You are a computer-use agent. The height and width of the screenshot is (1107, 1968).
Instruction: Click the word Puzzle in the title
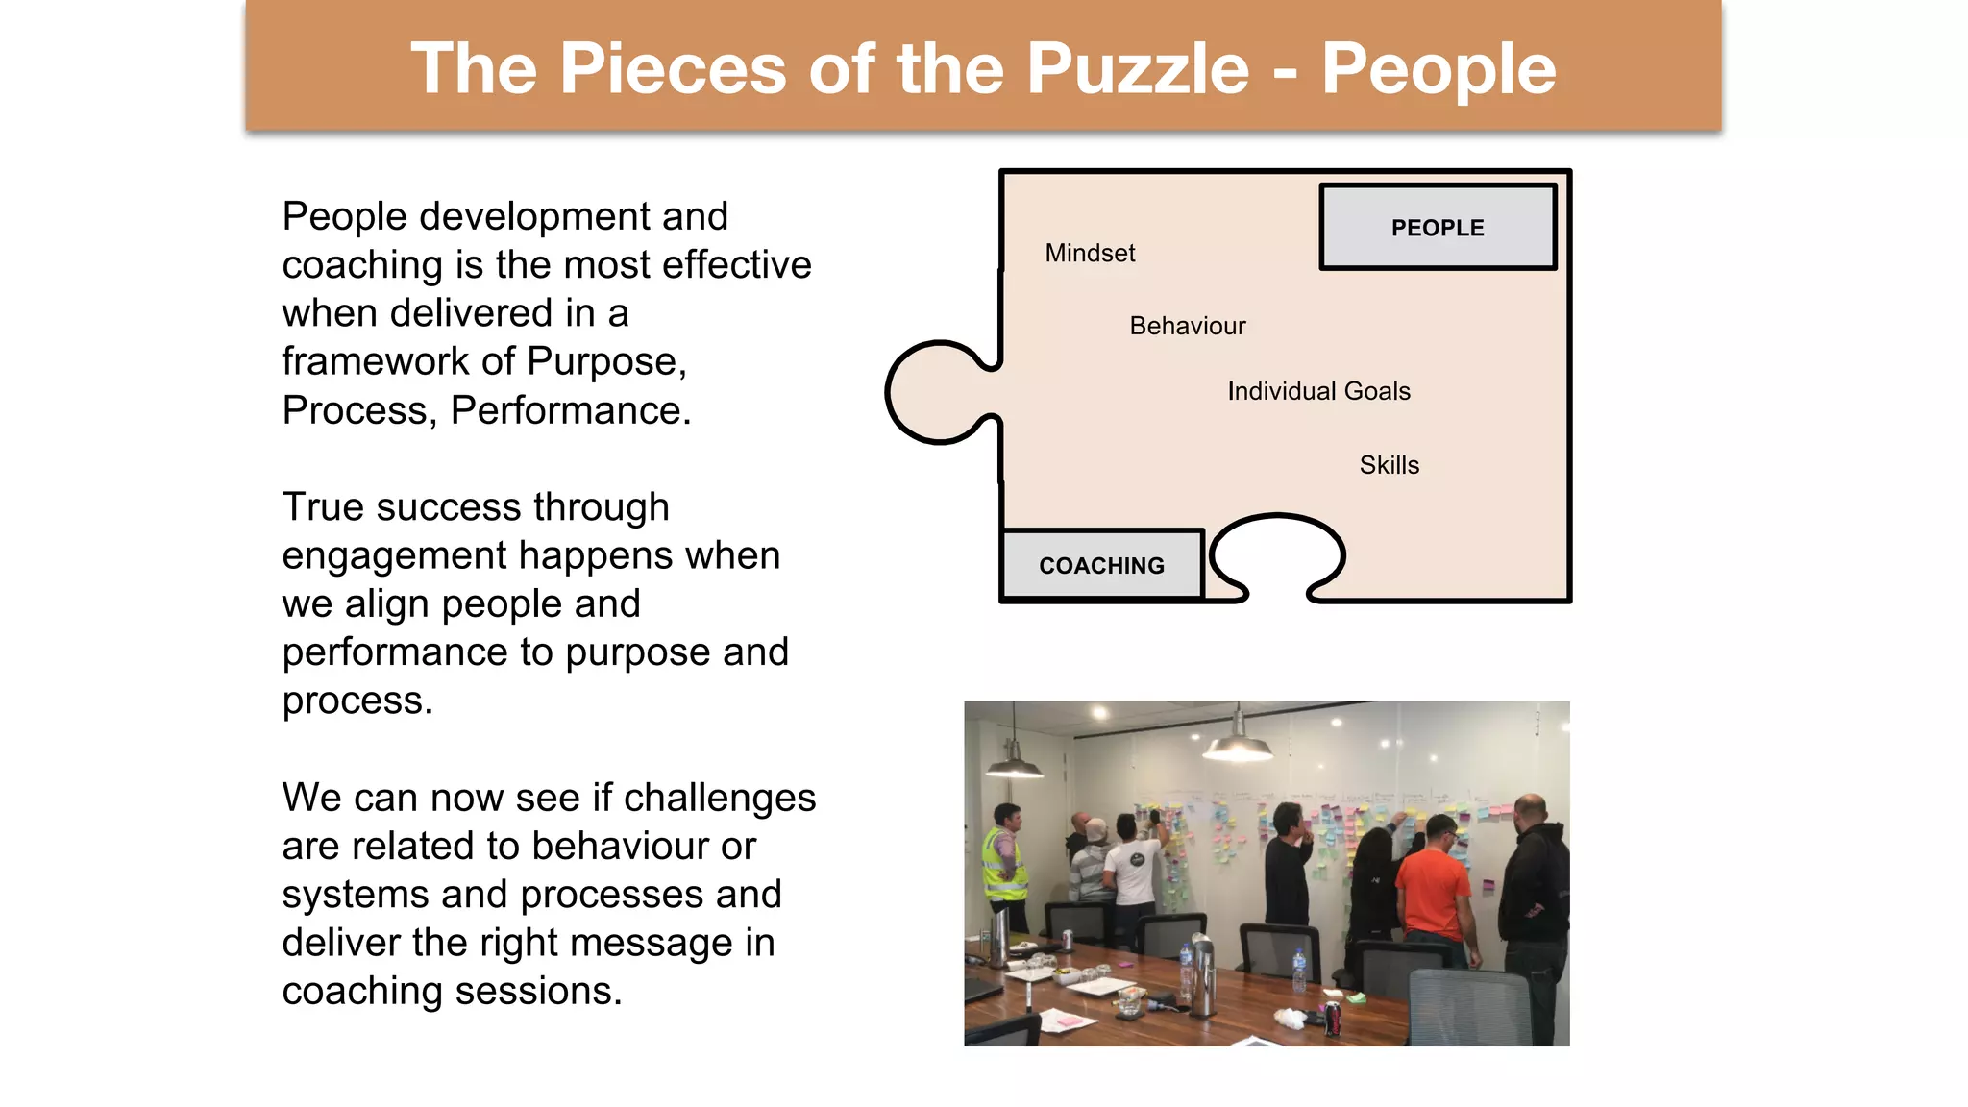1138,69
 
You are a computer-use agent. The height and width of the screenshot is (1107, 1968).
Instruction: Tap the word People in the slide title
1439,69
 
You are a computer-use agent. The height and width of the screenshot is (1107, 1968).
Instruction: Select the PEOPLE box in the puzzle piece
1438,228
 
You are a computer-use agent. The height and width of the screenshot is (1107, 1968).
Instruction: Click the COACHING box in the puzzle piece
1101,566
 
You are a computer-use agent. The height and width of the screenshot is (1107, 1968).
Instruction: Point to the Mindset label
1090,253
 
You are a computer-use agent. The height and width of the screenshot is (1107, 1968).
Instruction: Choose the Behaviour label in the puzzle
1187,326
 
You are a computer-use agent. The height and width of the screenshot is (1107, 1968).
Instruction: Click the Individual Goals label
1318,391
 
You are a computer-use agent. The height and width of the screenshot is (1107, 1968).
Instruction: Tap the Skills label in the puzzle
1389,465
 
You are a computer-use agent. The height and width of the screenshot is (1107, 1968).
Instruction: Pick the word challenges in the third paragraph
720,798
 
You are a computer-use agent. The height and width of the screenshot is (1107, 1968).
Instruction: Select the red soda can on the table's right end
1333,1019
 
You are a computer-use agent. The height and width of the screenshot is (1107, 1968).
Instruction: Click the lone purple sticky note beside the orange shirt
1488,883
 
